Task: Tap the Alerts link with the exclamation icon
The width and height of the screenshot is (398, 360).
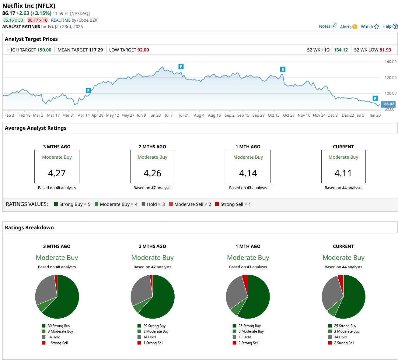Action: tap(348, 27)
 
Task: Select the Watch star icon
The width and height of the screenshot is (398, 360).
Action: tap(376, 26)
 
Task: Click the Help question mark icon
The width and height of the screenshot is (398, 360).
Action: tap(395, 26)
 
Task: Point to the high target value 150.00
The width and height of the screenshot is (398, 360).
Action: tap(44, 50)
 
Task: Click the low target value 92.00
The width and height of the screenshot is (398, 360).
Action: tap(143, 50)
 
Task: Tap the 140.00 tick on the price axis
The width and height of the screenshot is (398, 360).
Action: tap(390, 62)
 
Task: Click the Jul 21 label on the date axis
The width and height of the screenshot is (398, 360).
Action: tap(184, 115)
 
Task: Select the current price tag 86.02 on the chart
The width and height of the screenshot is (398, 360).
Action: tap(389, 104)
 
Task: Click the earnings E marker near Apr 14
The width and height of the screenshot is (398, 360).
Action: tap(88, 90)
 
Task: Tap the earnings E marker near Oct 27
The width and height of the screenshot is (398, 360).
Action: tap(283, 69)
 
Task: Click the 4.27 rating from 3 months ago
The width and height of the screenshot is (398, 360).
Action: tap(57, 173)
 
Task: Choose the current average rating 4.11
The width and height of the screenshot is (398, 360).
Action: tap(343, 173)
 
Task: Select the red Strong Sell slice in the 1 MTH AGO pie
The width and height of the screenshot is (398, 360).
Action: tap(245, 279)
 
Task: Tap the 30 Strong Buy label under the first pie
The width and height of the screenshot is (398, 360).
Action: tap(59, 326)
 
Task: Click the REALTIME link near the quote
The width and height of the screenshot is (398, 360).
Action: tap(61, 20)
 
